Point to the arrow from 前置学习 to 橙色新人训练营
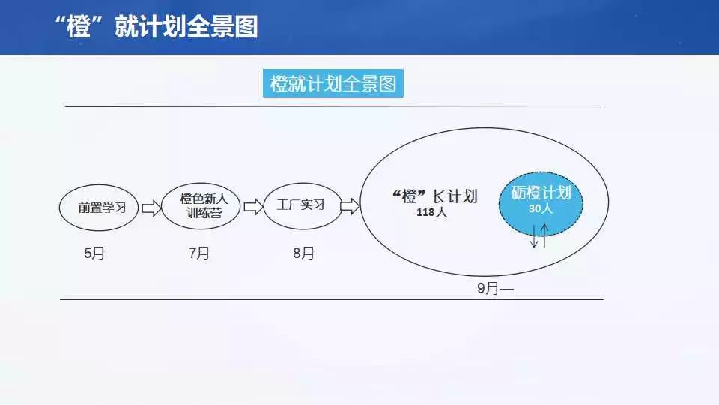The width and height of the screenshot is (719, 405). [x=151, y=208]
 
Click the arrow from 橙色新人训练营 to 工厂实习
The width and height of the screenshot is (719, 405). [x=253, y=207]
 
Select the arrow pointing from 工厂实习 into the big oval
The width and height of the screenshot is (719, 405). [x=350, y=206]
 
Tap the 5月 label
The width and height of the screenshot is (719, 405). [x=94, y=253]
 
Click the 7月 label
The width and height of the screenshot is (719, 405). [x=199, y=253]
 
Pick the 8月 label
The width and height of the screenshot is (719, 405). [x=303, y=253]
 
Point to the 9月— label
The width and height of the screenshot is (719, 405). [x=495, y=288]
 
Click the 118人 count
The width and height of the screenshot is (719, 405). [x=431, y=212]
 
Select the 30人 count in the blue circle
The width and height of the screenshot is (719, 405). [x=541, y=209]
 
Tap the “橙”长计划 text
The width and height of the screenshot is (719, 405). [x=434, y=196]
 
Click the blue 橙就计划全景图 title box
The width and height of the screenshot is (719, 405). [x=333, y=83]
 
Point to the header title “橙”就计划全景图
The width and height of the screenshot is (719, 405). [x=156, y=26]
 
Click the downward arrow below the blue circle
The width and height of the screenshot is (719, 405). [x=534, y=236]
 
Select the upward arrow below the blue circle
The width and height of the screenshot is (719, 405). [x=544, y=235]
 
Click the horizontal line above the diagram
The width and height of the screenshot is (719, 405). [x=333, y=106]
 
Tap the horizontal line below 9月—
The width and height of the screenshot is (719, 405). [x=332, y=299]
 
